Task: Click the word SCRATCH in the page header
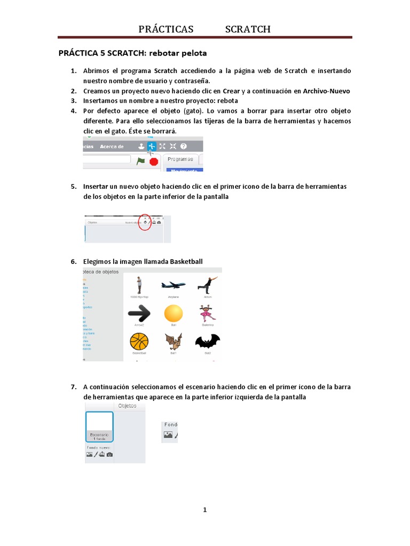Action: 248,29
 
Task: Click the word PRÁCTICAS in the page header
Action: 166,29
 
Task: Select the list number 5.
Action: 74,187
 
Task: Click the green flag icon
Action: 140,160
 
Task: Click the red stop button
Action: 154,162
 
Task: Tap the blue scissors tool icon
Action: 152,146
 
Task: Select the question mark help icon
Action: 184,146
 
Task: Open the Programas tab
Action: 180,159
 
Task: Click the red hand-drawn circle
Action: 144,222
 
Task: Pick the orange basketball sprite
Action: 139,341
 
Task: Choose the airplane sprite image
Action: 173,285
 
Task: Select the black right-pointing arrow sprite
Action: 139,314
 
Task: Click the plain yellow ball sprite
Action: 173,313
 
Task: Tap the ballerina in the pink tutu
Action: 207,313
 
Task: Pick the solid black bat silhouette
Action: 207,341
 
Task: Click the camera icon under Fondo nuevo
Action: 109,454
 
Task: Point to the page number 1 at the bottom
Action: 204,510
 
